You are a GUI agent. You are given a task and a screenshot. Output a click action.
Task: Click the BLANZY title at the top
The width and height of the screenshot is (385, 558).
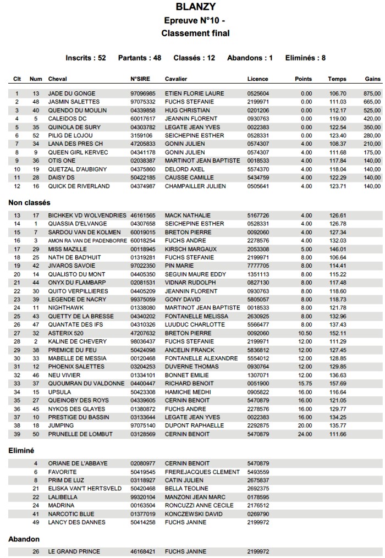(195, 7)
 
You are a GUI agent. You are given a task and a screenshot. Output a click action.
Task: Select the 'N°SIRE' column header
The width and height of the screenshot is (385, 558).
(140, 79)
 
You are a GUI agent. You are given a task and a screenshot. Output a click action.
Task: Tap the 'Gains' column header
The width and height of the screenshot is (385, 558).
(372, 79)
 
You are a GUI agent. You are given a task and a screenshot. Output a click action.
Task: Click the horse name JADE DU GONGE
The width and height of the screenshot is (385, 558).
(71, 93)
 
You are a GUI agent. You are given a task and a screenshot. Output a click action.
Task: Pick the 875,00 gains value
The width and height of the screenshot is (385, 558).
(372, 93)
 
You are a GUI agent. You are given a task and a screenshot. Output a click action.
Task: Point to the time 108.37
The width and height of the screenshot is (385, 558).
(337, 144)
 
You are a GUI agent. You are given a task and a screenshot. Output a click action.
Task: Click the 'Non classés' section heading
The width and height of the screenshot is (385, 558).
(29, 203)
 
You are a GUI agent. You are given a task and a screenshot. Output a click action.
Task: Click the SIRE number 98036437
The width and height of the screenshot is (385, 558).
(142, 341)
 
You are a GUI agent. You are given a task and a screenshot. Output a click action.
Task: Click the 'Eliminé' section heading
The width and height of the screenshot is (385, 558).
(21, 450)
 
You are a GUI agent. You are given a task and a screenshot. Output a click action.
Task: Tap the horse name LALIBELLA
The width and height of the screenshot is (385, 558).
(63, 497)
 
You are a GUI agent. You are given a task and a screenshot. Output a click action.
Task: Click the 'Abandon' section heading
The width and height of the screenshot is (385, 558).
(24, 539)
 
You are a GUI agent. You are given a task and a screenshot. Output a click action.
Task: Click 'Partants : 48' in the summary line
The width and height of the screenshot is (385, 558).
(140, 58)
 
